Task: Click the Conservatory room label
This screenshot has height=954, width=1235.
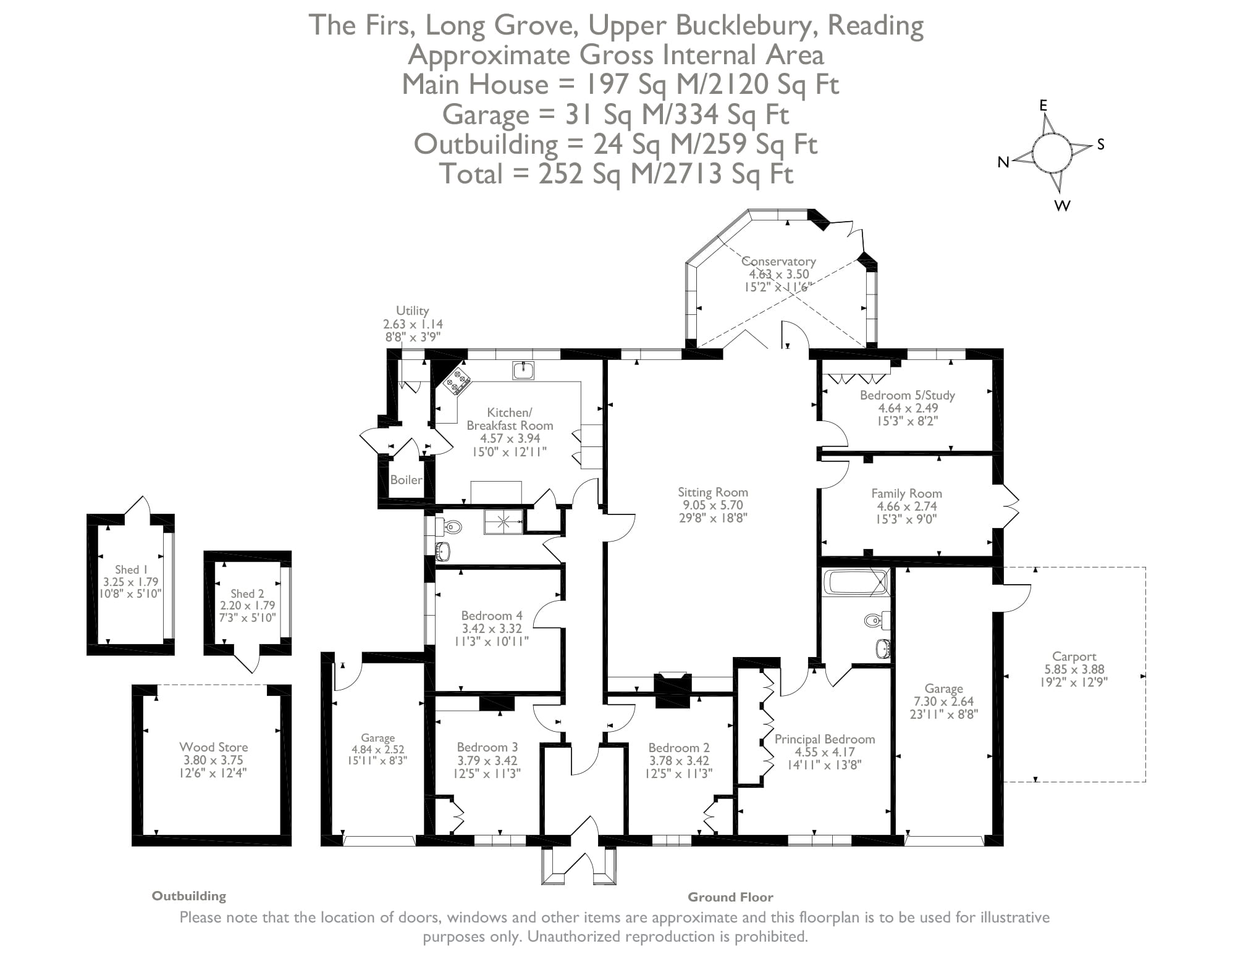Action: [x=778, y=262]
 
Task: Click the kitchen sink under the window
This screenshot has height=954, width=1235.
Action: [x=523, y=370]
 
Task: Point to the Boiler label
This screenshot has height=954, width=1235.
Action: [x=406, y=480]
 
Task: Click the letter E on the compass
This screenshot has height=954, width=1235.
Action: [x=1043, y=106]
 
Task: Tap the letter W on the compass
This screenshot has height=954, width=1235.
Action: [x=1062, y=206]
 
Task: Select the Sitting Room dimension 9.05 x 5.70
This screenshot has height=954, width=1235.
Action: [x=712, y=505]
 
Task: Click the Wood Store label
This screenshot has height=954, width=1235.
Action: [x=213, y=747]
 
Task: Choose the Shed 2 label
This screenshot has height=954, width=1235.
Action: [x=247, y=593]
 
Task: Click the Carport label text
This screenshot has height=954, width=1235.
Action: [x=1074, y=656]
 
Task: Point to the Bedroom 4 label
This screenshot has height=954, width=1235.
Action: [x=491, y=616]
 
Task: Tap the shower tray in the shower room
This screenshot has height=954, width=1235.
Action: [x=503, y=522]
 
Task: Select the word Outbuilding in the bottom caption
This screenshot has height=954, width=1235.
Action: [x=189, y=896]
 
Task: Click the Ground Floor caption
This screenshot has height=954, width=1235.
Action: [x=730, y=897]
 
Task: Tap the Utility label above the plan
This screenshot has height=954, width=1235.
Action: [x=412, y=311]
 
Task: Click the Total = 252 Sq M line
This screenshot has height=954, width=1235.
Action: [x=615, y=174]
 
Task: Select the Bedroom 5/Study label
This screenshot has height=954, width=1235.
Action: [x=907, y=395]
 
